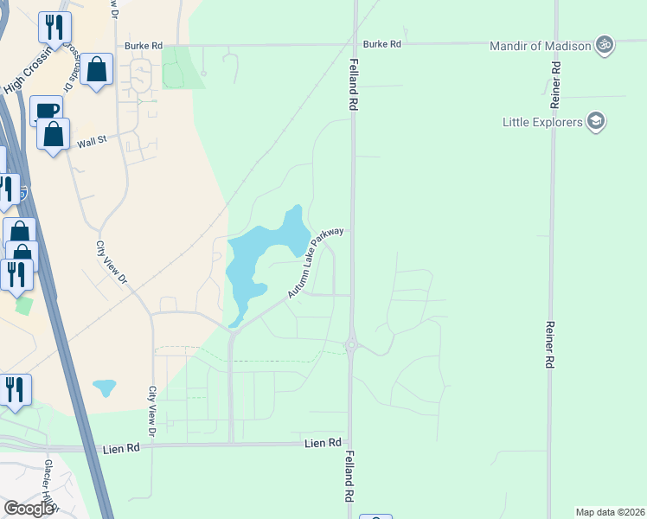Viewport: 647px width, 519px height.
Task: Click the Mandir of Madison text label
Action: point(540,46)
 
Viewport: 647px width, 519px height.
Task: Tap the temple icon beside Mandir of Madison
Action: point(605,45)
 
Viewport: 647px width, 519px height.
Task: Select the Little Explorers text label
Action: point(543,122)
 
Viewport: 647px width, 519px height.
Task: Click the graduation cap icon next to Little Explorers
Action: point(595,121)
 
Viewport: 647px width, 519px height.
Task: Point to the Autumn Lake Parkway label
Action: point(316,264)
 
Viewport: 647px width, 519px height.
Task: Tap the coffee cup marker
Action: point(46,111)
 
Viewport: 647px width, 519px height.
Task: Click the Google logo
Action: point(28,509)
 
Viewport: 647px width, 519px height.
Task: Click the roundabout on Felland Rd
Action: point(352,344)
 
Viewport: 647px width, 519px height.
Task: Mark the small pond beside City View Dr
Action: point(104,387)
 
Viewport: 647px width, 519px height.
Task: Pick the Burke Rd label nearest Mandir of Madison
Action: point(382,44)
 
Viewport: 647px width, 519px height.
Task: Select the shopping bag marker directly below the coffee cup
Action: point(54,134)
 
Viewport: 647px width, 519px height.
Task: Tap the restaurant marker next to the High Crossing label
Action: point(54,28)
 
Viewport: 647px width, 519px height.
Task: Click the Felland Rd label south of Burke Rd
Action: point(354,84)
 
